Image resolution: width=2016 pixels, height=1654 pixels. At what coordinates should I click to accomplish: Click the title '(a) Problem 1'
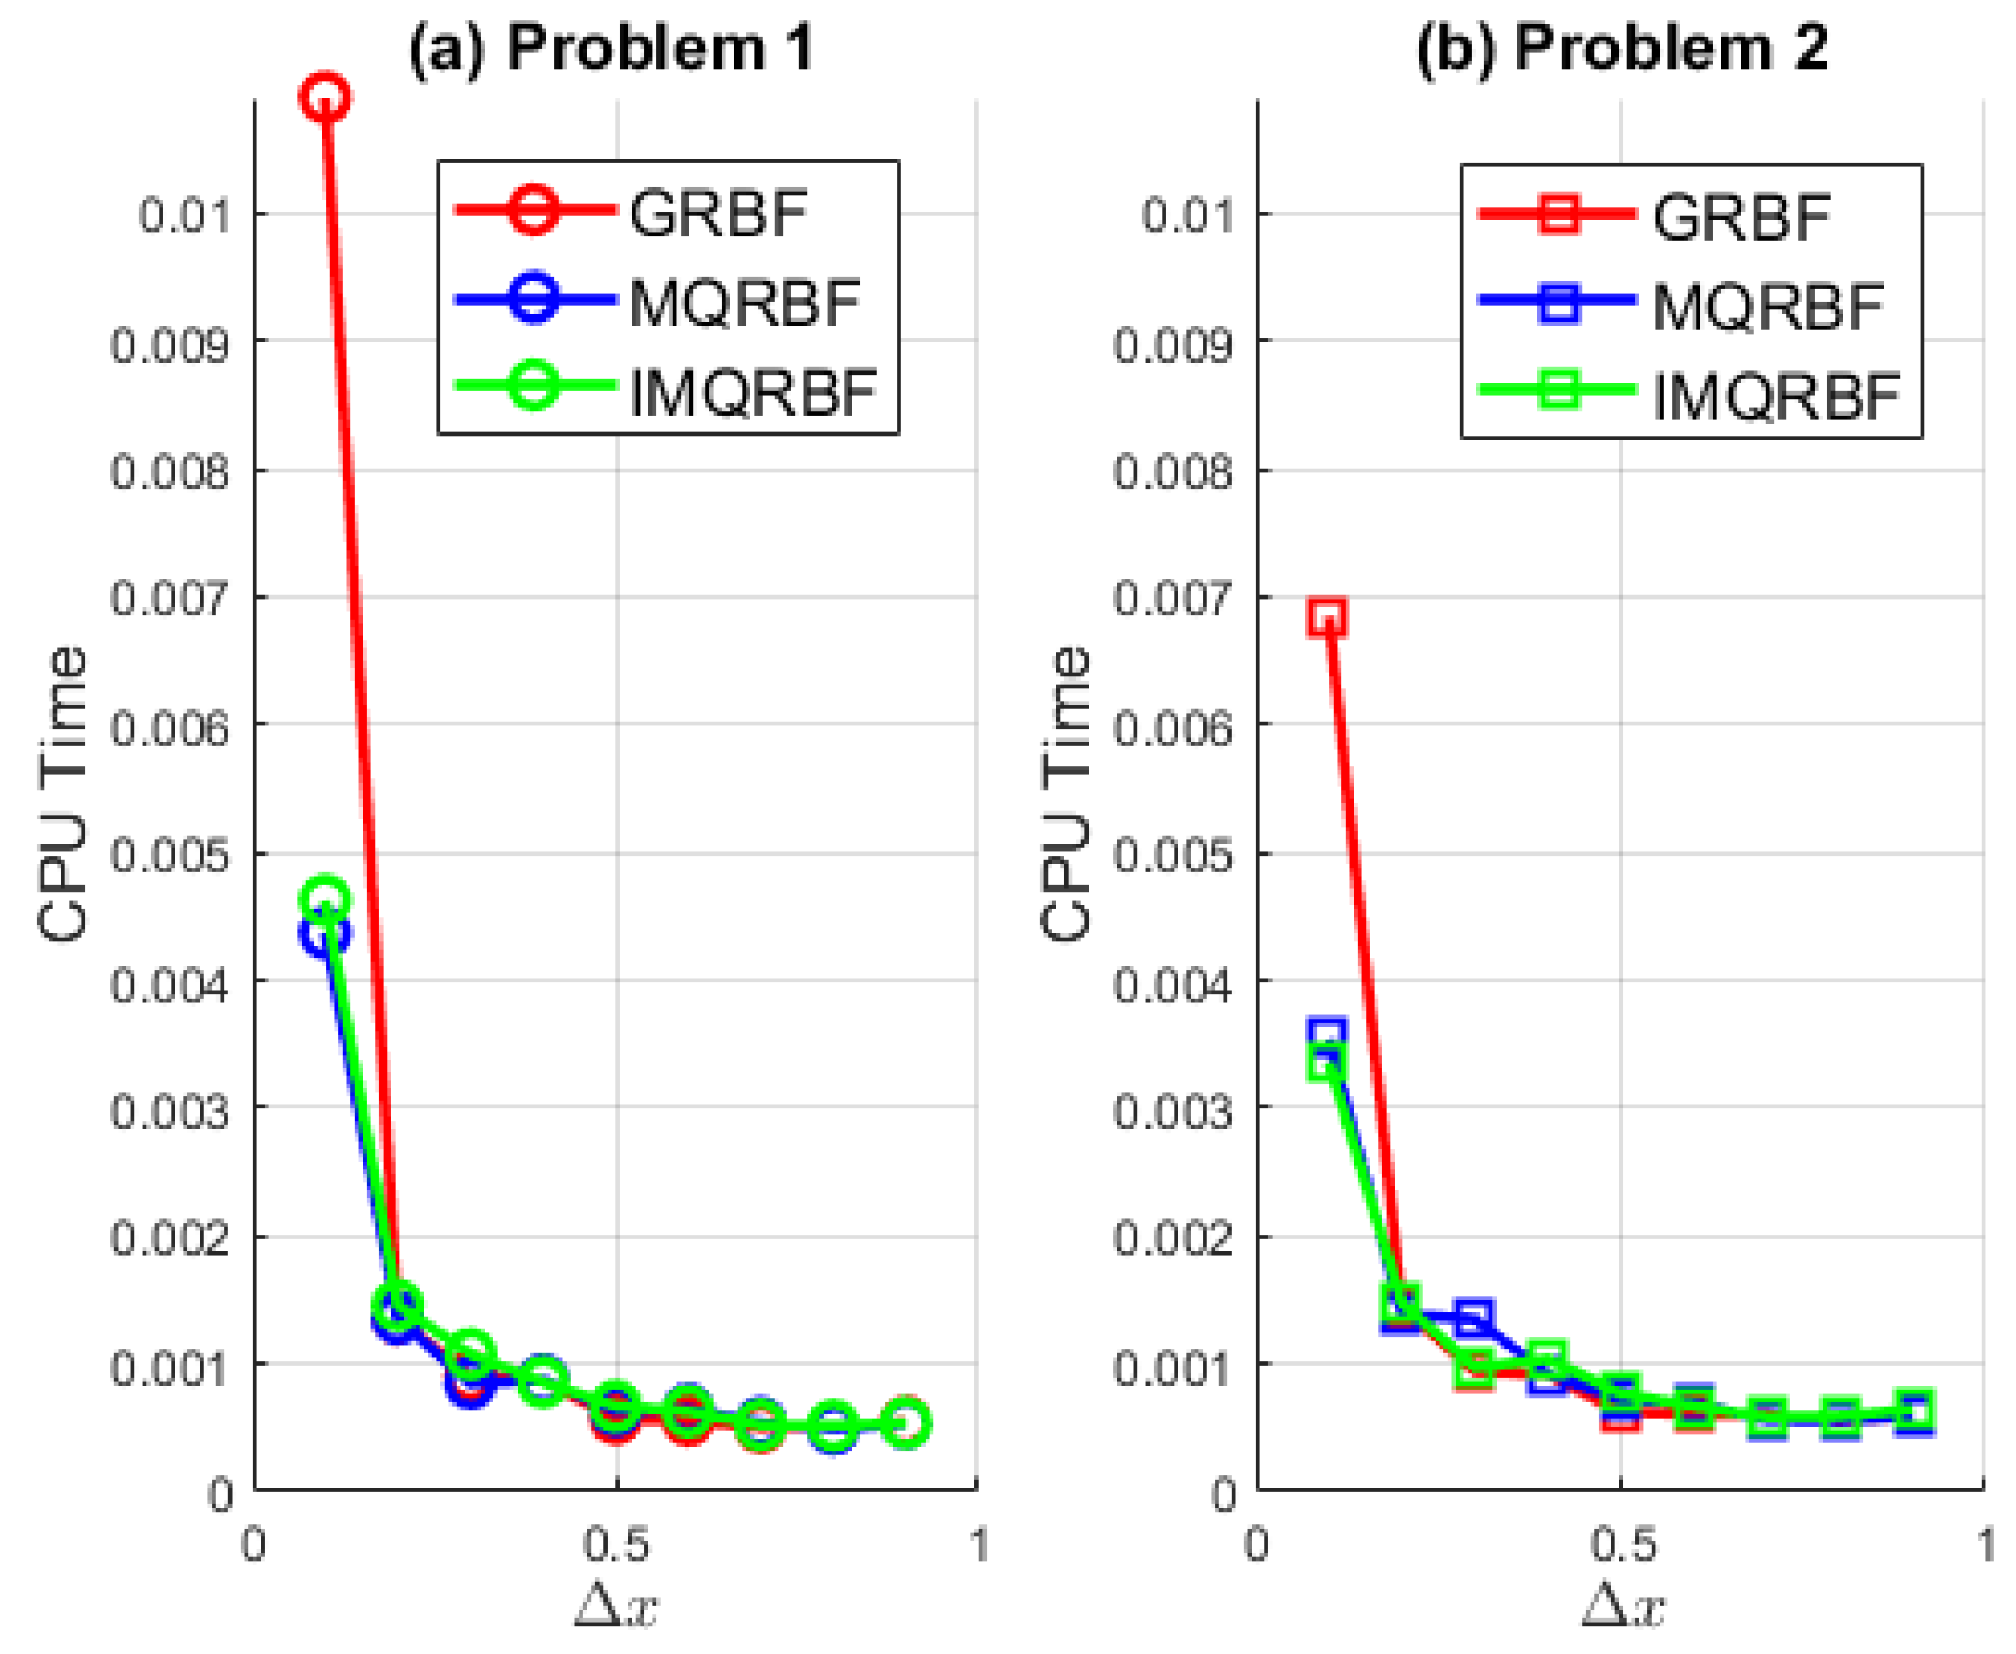pos(611,48)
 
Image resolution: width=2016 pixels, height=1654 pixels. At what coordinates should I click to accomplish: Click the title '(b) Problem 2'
pos(1620,48)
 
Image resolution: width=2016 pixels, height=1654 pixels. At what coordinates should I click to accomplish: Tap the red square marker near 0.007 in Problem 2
pos(1327,616)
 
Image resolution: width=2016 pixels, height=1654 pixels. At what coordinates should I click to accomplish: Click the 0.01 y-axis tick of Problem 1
pos(185,215)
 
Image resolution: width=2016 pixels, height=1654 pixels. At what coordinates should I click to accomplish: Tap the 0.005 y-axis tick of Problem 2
pos(1173,855)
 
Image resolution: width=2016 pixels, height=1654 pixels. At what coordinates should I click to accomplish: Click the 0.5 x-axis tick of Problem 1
pos(616,1544)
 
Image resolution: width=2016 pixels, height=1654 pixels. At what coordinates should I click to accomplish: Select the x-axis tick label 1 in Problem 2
pos(1985,1544)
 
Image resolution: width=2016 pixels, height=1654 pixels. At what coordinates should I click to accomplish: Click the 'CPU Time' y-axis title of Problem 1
pos(63,795)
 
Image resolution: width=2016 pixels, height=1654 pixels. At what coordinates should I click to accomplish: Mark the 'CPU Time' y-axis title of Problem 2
pos(1065,795)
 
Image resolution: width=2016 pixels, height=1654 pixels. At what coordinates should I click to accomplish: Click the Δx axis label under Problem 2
pos(1623,1605)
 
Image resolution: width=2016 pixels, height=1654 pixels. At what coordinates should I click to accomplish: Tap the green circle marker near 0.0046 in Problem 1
pos(325,898)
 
